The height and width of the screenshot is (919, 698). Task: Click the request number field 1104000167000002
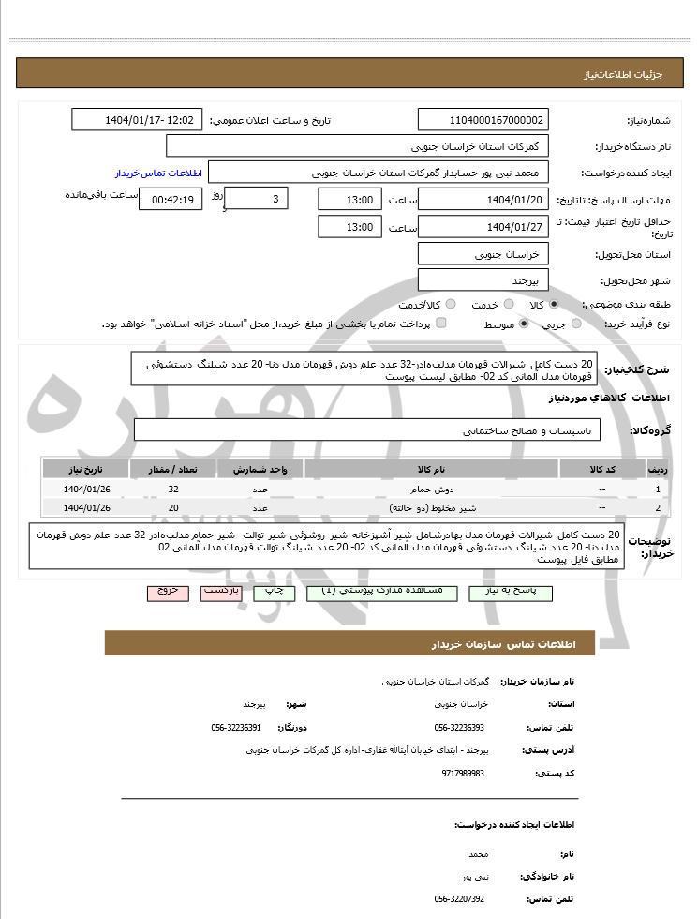(x=483, y=120)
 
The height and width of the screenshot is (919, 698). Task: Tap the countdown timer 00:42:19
(x=170, y=199)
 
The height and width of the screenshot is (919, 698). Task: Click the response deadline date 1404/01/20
(x=483, y=200)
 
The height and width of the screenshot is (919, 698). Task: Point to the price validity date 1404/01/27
(x=483, y=227)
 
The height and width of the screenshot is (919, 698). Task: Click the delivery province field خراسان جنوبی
(x=483, y=254)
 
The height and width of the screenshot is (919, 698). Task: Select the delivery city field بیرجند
(x=483, y=280)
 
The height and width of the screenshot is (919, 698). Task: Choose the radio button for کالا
(x=554, y=305)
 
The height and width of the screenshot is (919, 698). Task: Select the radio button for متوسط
(x=523, y=324)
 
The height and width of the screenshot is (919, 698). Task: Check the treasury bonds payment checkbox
(x=441, y=324)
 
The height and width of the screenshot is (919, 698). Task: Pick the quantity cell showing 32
(x=173, y=490)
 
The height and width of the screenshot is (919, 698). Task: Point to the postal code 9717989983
(x=463, y=773)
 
